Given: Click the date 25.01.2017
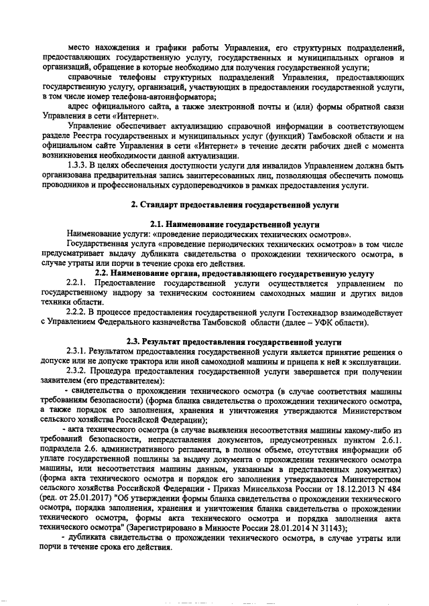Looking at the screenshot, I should pos(84,508).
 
